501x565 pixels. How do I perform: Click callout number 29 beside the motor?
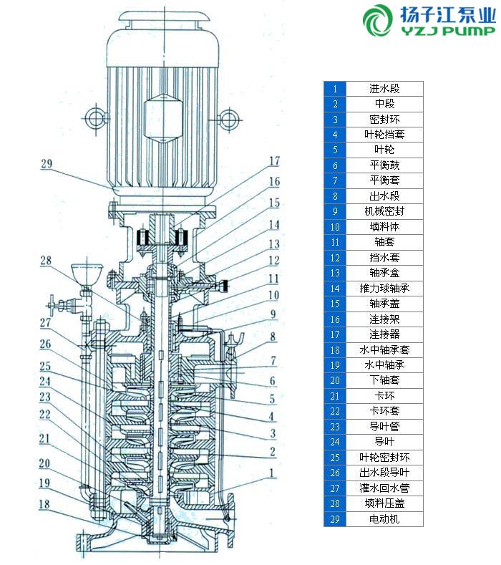point(47,164)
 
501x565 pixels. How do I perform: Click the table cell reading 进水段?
point(384,89)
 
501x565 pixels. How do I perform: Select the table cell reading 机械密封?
point(384,211)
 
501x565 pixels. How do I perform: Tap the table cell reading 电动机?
point(384,518)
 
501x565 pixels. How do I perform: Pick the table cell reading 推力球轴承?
point(384,289)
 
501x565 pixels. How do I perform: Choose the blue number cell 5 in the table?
point(335,150)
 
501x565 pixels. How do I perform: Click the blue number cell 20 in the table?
point(335,380)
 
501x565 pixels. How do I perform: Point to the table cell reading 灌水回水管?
point(384,488)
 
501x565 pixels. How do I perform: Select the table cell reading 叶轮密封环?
point(384,457)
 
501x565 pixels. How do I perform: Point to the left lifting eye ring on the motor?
point(95,117)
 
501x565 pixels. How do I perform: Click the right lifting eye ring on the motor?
point(228,116)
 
